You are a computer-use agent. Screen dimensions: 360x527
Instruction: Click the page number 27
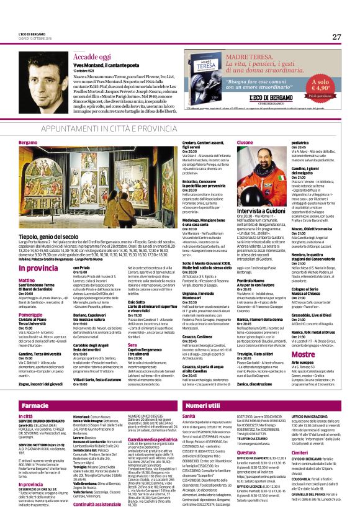point(336,37)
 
